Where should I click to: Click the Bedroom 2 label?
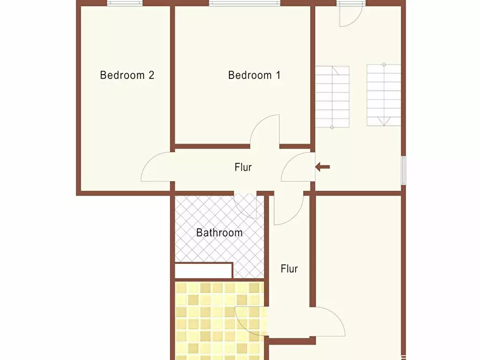click(x=127, y=75)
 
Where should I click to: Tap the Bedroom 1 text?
click(x=254, y=75)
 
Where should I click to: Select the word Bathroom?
click(x=219, y=233)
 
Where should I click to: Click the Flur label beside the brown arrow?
click(x=243, y=167)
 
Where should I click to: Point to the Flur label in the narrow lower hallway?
click(x=289, y=269)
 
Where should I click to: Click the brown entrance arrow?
click(x=323, y=167)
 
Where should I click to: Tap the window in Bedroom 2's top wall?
click(x=125, y=3)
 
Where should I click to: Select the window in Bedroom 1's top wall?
click(x=245, y=3)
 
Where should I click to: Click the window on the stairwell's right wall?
click(x=404, y=170)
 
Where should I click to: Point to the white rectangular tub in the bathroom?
click(x=203, y=271)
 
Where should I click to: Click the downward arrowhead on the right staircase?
click(x=384, y=121)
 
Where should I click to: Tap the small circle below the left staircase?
click(x=332, y=127)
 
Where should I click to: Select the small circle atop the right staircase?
click(x=384, y=64)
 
